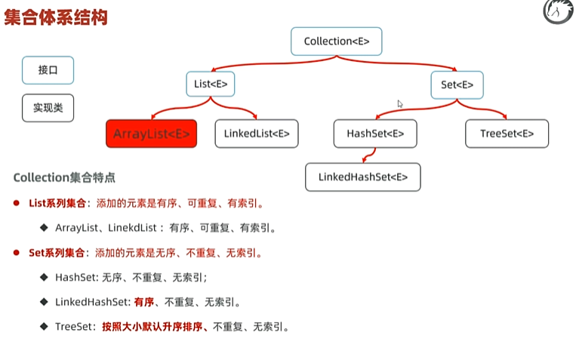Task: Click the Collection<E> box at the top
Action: pos(336,42)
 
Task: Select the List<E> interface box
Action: pos(211,85)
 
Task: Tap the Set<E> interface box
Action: pos(457,85)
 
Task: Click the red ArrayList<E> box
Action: pos(151,134)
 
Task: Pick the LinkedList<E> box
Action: pos(257,134)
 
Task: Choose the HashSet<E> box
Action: pos(375,134)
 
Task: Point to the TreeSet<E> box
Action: pos(507,134)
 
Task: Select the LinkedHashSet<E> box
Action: pos(362,177)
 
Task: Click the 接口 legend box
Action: pos(48,70)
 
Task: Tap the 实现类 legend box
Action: pos(48,108)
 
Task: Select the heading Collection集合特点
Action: pos(64,178)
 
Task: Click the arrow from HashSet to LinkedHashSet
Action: pos(366,156)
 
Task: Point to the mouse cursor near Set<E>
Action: pos(400,104)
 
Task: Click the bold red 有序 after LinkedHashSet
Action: pos(144,302)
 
